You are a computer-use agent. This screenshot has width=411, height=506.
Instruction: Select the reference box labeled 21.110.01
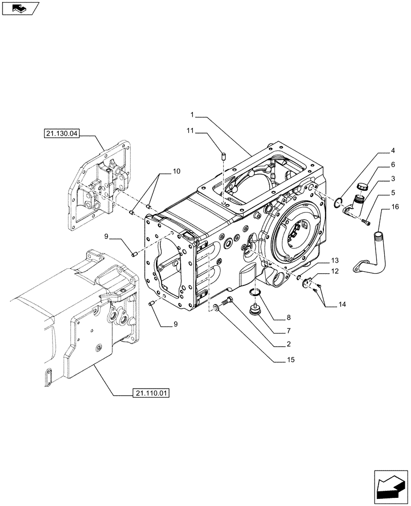pyautogui.click(x=151, y=393)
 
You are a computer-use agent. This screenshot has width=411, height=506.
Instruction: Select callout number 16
pyautogui.click(x=395, y=206)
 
